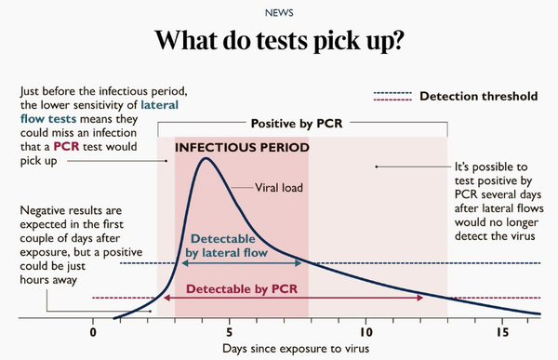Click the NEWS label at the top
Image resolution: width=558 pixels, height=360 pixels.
point(278,12)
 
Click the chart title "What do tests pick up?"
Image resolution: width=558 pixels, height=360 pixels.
point(278,42)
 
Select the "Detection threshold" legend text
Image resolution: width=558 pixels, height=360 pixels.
point(478,96)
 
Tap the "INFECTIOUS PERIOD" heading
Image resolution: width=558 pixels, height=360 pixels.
point(242,147)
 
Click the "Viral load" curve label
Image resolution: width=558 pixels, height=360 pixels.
point(280,187)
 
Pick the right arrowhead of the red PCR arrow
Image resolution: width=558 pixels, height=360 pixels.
point(422,299)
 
